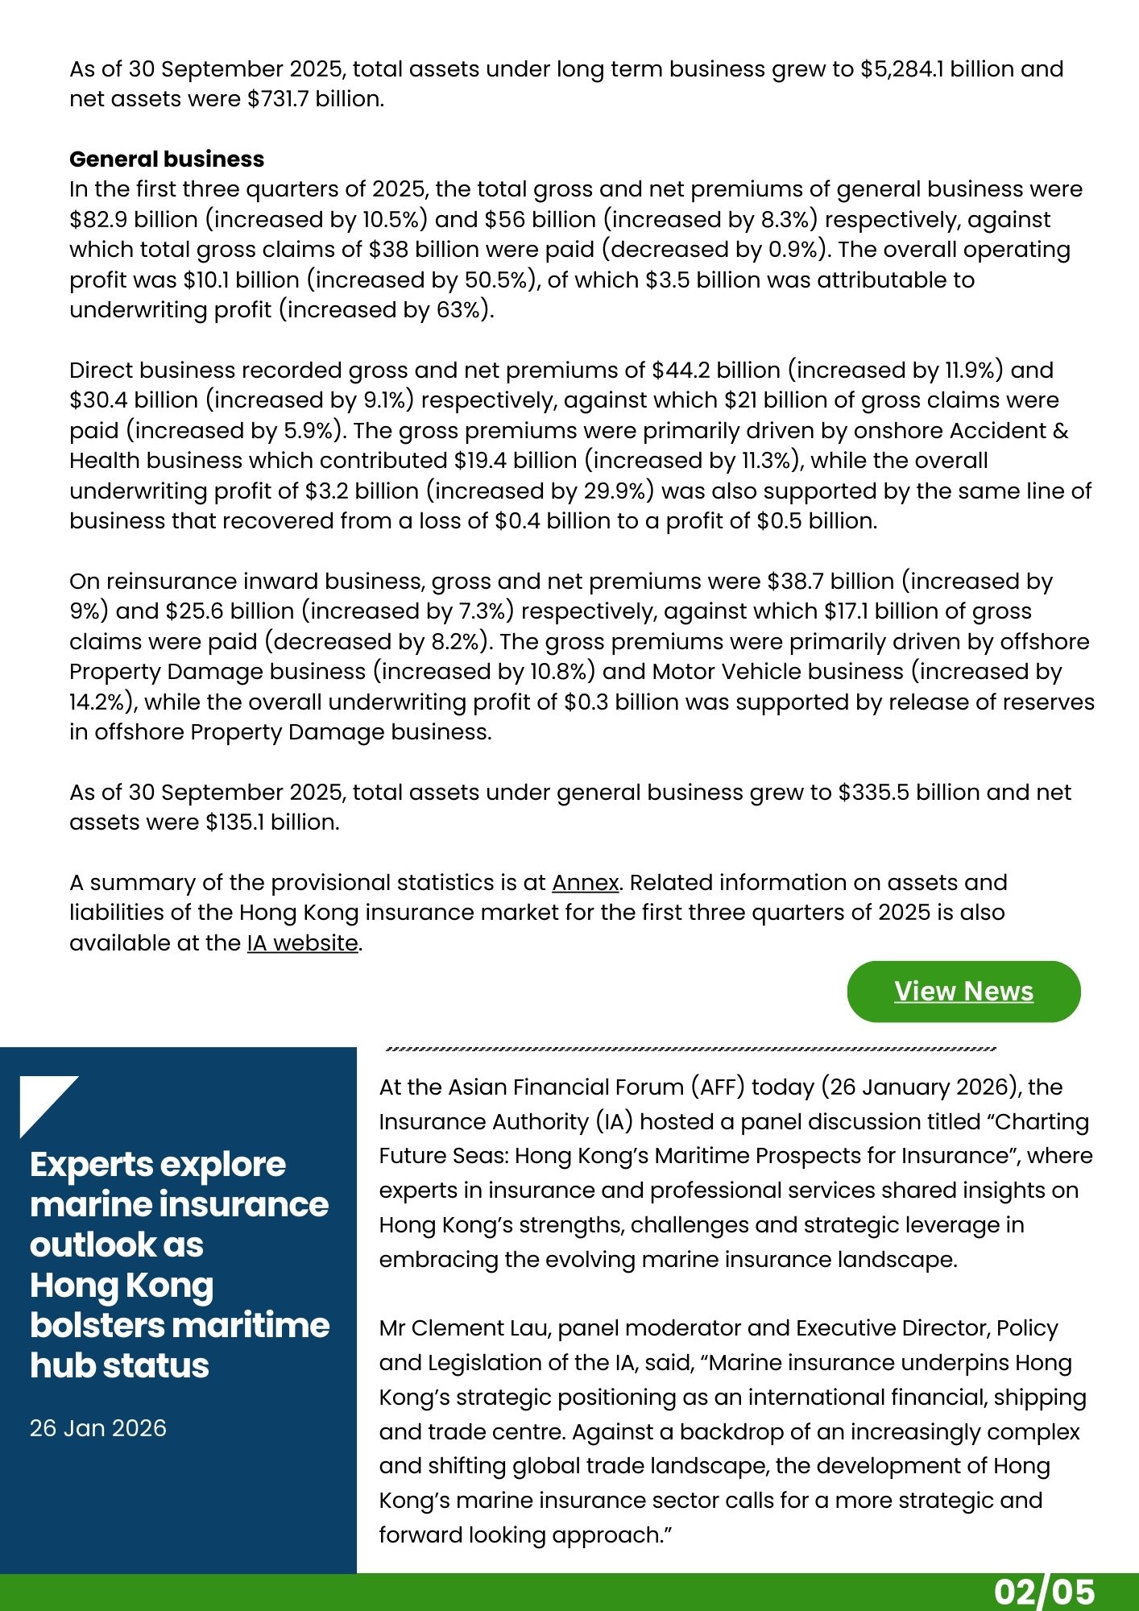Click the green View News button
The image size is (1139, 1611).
pyautogui.click(x=963, y=992)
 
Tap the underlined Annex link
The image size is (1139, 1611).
pyautogui.click(x=585, y=883)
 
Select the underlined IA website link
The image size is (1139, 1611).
pyautogui.click(x=302, y=943)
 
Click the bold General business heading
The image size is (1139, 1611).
pyautogui.click(x=167, y=159)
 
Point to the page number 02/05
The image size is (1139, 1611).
pyautogui.click(x=1044, y=1592)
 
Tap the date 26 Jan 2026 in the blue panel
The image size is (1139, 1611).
pyautogui.click(x=98, y=1428)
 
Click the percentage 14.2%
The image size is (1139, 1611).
pyautogui.click(x=97, y=702)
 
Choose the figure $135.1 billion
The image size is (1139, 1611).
pyautogui.click(x=272, y=822)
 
